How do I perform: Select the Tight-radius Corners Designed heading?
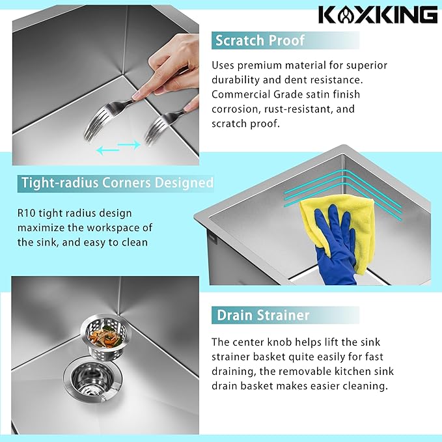point(117,183)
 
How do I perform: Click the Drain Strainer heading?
point(262,316)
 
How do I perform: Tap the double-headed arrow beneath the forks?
point(118,148)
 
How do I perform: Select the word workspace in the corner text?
point(111,228)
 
